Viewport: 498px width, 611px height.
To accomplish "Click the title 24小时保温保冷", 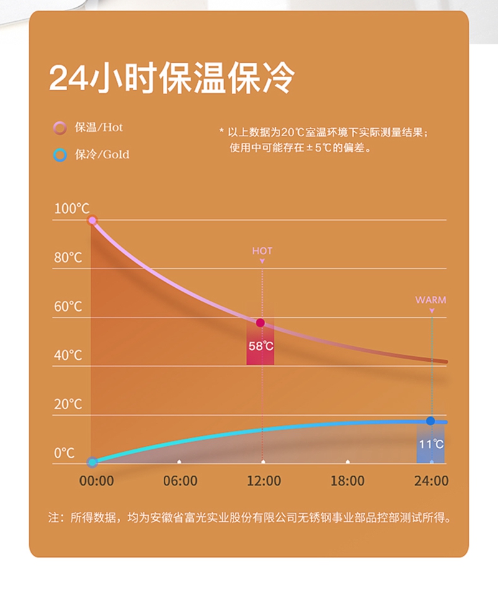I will coord(171,78).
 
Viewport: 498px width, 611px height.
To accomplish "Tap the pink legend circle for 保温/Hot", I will coord(60,128).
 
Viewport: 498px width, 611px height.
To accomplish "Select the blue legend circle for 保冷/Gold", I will coord(60,155).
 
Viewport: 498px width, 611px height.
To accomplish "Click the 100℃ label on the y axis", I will coord(72,208).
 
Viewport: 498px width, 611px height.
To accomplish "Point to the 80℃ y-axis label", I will coord(68,257).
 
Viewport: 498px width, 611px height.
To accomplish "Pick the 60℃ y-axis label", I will coord(68,306).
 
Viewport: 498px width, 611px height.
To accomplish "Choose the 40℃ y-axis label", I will coord(68,356).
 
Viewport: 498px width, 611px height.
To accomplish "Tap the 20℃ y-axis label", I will coord(68,405).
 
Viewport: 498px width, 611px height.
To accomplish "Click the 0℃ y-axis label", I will coord(64,453).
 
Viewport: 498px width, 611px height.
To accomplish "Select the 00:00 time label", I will coord(96,481).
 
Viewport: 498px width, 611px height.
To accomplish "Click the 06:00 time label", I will coord(180,481).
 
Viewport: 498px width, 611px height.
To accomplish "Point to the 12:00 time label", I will coord(264,481).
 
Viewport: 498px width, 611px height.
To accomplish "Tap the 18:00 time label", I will coord(347,481).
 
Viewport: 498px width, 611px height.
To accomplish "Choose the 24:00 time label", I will coord(431,481).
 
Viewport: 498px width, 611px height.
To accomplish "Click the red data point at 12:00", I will coord(260,323).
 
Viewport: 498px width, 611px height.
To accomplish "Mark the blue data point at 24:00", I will coord(430,421).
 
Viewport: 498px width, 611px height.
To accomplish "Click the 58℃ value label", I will coord(261,346).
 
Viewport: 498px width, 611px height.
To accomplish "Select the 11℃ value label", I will coord(431,444).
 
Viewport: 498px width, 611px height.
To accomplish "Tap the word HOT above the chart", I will coord(262,251).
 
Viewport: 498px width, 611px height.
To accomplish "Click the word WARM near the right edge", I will coord(431,300).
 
